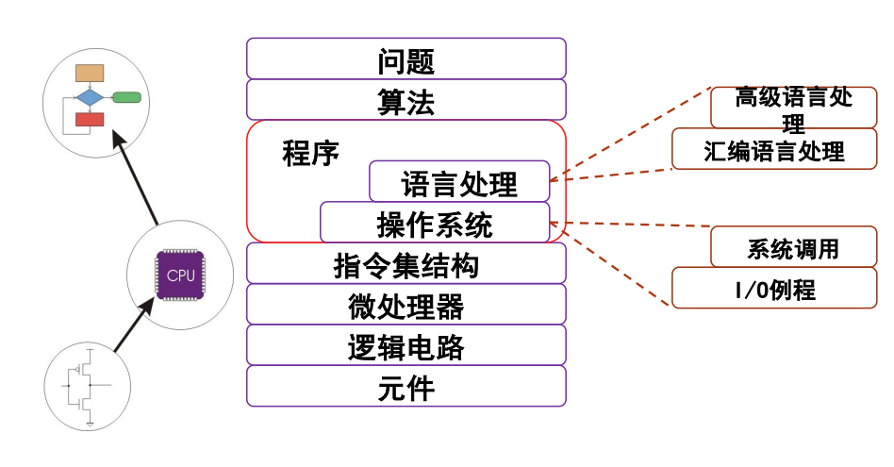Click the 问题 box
tap(406, 58)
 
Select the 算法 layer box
tap(406, 99)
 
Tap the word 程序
tap(310, 154)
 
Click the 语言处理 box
tap(459, 181)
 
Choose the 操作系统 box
tap(435, 224)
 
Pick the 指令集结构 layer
tap(406, 263)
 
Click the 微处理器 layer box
tap(406, 305)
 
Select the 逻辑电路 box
tap(406, 345)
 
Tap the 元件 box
tap(406, 386)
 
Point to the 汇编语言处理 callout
tap(774, 149)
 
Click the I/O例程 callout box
tap(774, 288)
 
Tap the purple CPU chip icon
tap(180, 275)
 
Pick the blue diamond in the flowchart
tap(90, 97)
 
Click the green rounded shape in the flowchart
tap(126, 97)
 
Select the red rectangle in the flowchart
tap(90, 119)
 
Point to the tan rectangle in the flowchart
tap(90, 74)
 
